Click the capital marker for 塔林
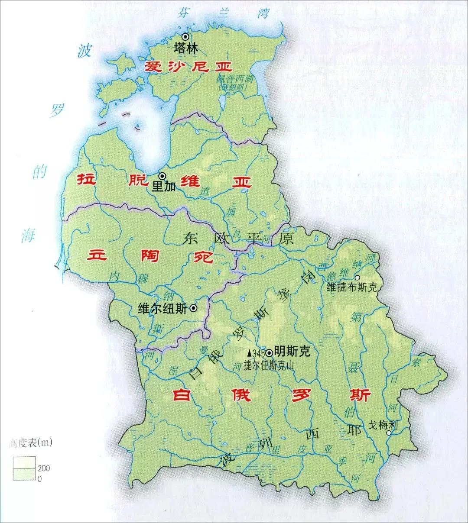point(185,37)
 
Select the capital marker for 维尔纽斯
point(193,308)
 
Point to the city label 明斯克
point(292,352)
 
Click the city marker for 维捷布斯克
point(357,278)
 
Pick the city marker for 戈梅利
point(389,433)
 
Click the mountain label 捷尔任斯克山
point(269,365)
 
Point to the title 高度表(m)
point(30,443)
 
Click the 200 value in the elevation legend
point(44,468)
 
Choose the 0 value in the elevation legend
point(40,479)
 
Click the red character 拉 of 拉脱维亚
point(86,179)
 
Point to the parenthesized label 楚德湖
point(232,87)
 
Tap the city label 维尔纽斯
point(162,308)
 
